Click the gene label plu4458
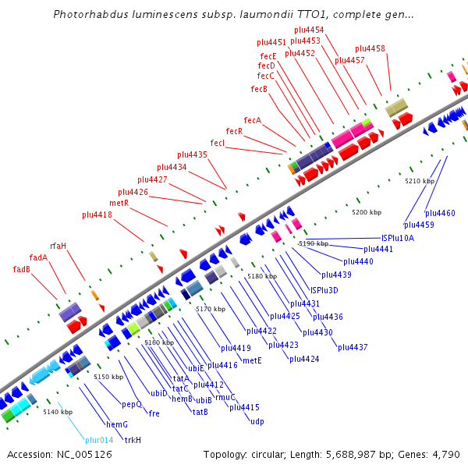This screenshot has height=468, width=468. (x=370, y=48)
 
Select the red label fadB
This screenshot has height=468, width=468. (x=22, y=269)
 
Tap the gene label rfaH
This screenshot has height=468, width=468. (x=58, y=246)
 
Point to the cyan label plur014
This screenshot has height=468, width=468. (x=99, y=440)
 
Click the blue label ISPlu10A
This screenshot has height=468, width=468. (x=398, y=237)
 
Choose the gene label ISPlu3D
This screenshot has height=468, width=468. (x=324, y=290)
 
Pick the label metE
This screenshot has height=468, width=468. (x=252, y=360)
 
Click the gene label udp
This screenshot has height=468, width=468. (x=257, y=421)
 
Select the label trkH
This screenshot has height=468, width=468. (x=133, y=440)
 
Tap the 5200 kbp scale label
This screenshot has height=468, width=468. (x=367, y=212)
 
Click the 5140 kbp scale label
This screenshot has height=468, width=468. (x=58, y=412)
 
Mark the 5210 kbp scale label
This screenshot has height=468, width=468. (x=419, y=181)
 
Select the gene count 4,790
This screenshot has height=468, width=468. (x=446, y=454)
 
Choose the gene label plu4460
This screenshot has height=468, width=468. (x=440, y=213)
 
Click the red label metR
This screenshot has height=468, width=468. (x=119, y=203)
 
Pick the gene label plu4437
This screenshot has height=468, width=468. (x=353, y=347)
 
